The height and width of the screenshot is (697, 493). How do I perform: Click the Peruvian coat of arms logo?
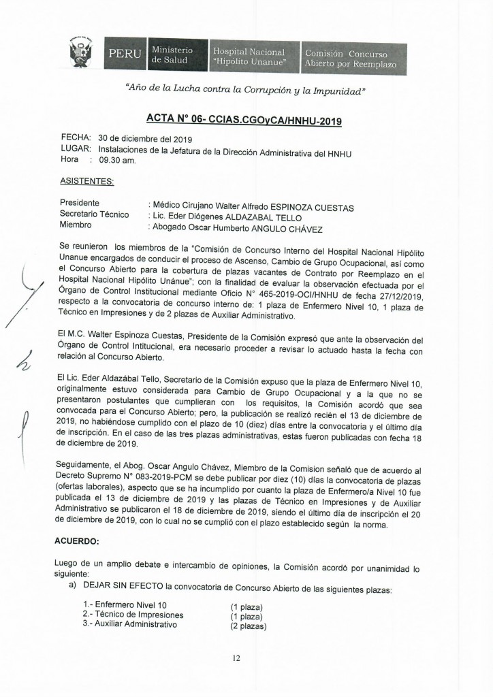[x=82, y=53]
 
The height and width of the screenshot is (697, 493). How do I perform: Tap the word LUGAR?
[x=76, y=150]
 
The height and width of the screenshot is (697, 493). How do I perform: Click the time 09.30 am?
[x=118, y=161]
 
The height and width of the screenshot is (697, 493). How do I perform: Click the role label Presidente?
[x=80, y=204]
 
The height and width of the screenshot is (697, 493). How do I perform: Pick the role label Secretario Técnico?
[x=94, y=214]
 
